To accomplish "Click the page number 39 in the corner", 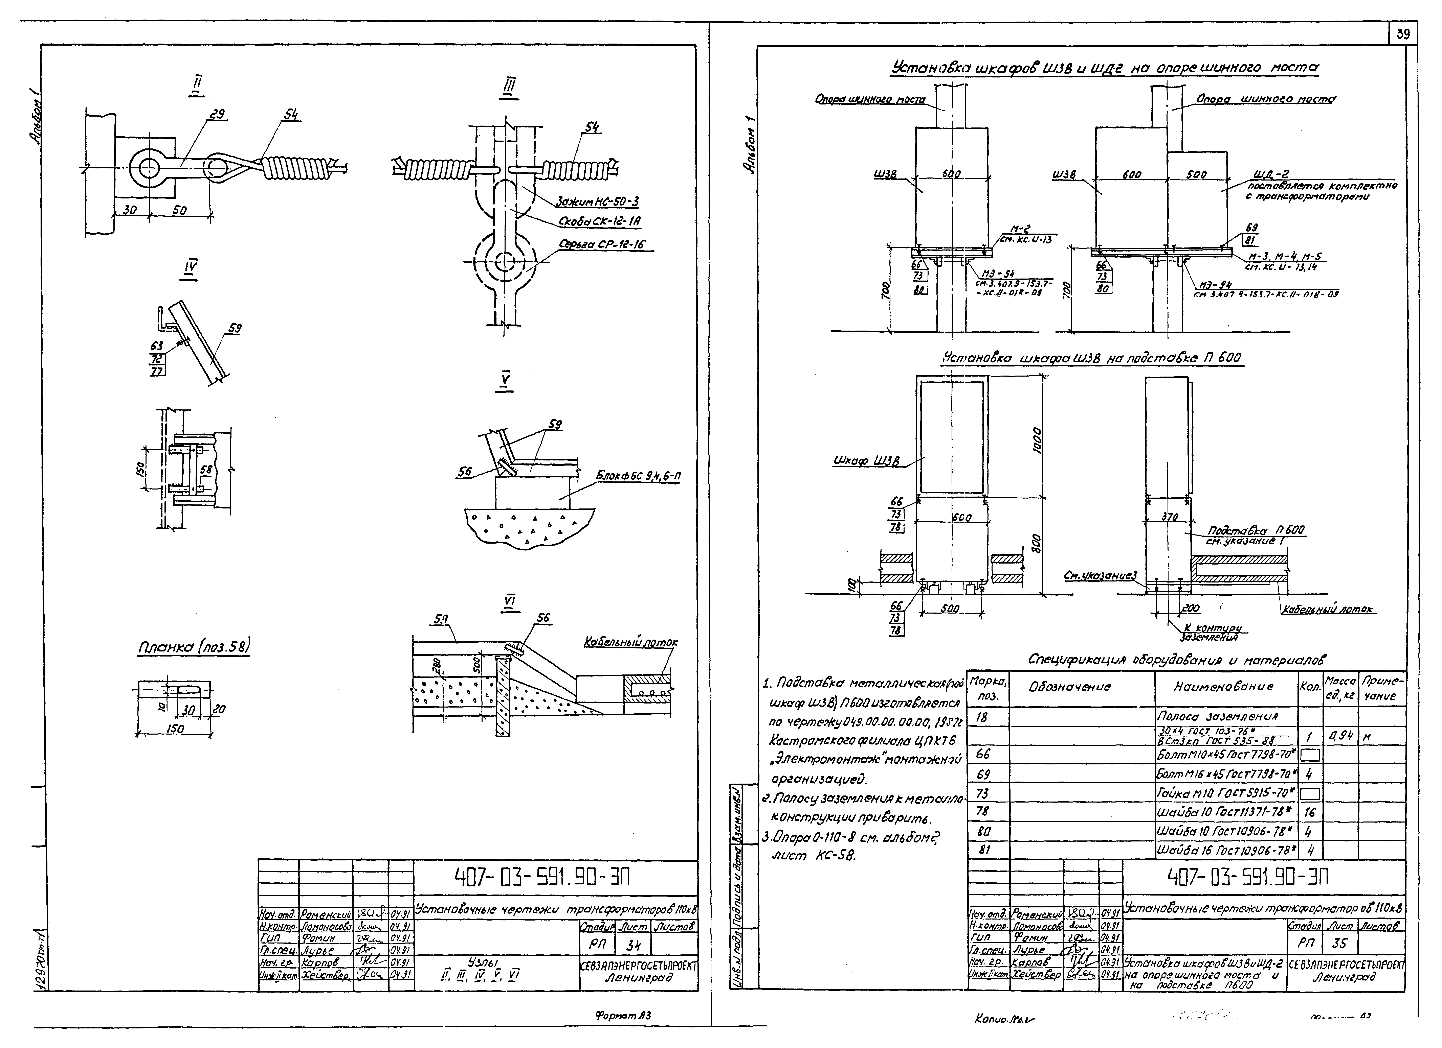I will tap(1403, 34).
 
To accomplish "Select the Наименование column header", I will tap(1223, 687).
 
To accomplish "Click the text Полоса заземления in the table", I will tap(1217, 716).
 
